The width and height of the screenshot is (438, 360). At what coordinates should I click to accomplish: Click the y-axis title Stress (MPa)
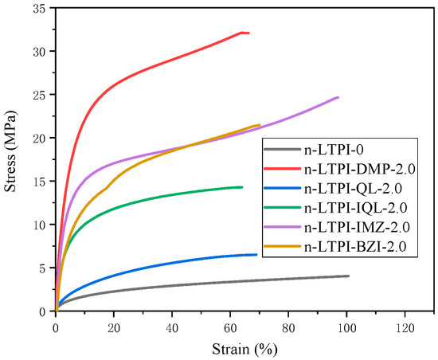pyautogui.click(x=11, y=159)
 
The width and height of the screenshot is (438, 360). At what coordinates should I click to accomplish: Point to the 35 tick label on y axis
pyautogui.click(x=39, y=8)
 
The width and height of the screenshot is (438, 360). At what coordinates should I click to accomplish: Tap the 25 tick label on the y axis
pyautogui.click(x=39, y=95)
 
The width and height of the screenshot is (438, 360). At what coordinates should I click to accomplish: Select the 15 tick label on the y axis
pyautogui.click(x=39, y=182)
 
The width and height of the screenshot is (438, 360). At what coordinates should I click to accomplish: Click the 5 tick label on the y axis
pyautogui.click(x=43, y=268)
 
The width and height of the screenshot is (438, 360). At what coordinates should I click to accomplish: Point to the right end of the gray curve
pyautogui.click(x=348, y=276)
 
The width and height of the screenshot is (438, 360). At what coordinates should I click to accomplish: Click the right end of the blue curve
pyautogui.click(x=256, y=255)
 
